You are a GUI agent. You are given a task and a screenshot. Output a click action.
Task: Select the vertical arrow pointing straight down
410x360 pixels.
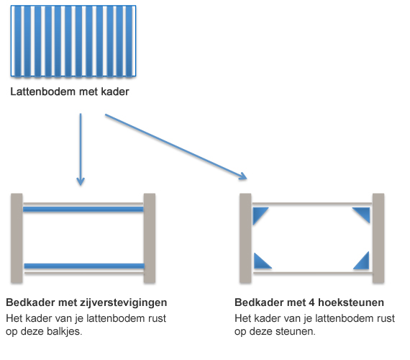coord(81,150)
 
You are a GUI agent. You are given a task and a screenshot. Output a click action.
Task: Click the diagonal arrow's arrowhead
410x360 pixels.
coord(243,176)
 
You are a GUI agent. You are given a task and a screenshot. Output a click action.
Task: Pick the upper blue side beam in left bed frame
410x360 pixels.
coord(83,209)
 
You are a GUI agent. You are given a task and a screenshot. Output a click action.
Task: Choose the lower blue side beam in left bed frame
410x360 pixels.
coord(84,266)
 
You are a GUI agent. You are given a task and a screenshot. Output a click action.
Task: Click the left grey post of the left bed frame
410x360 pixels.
coord(17,238)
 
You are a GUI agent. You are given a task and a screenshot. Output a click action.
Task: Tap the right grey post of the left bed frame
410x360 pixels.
coord(150,238)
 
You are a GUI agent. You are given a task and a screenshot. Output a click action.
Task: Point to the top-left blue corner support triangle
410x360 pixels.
coord(258,214)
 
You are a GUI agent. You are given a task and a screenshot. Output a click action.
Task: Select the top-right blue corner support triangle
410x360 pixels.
coord(364,212)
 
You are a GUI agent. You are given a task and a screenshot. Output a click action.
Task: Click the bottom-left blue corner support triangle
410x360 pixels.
coord(260,263)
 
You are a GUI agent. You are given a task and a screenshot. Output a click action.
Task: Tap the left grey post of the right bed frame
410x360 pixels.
coord(245,238)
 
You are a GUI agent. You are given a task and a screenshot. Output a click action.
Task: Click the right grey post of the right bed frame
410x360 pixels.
coord(378,238)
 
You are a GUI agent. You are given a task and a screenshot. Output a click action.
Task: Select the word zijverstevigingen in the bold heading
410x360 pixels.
coord(122,302)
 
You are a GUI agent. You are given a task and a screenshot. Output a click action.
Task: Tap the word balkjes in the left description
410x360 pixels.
coord(64,332)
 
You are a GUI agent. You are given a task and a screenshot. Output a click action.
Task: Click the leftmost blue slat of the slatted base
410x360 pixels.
coord(17,41)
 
